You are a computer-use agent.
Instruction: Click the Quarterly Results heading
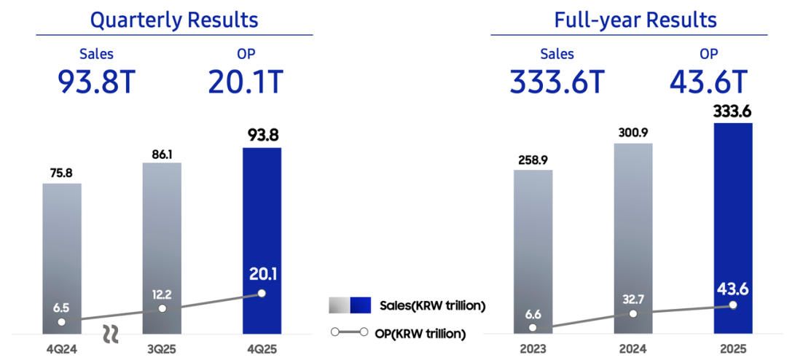click(x=174, y=19)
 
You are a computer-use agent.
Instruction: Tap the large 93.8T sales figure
click(x=97, y=82)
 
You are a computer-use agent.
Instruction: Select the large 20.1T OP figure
click(x=245, y=82)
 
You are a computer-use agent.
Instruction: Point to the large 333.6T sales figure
click(x=557, y=82)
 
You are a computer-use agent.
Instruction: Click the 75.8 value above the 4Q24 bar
click(x=62, y=173)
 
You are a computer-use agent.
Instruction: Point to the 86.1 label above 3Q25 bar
click(x=162, y=154)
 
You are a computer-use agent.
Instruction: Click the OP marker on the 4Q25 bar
click(x=261, y=294)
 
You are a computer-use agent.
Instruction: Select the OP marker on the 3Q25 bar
click(x=162, y=308)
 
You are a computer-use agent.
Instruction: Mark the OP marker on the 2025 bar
click(x=732, y=306)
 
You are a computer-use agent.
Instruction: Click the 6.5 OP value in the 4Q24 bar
click(x=62, y=307)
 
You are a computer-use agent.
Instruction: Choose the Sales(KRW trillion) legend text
click(x=432, y=305)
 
